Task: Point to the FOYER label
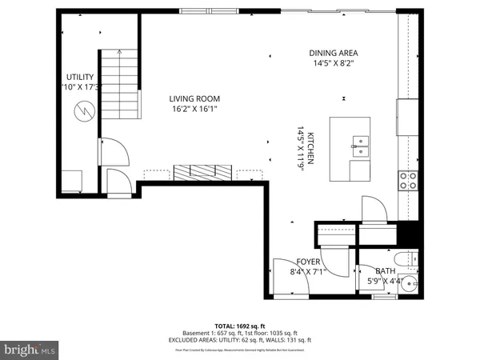point(308,262)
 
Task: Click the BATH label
point(386,271)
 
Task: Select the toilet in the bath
point(410,260)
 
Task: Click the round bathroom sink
point(412,286)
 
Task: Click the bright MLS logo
point(30,350)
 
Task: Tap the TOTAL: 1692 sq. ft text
point(240,325)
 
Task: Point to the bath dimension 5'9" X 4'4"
point(385,281)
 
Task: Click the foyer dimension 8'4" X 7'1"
point(308,272)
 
